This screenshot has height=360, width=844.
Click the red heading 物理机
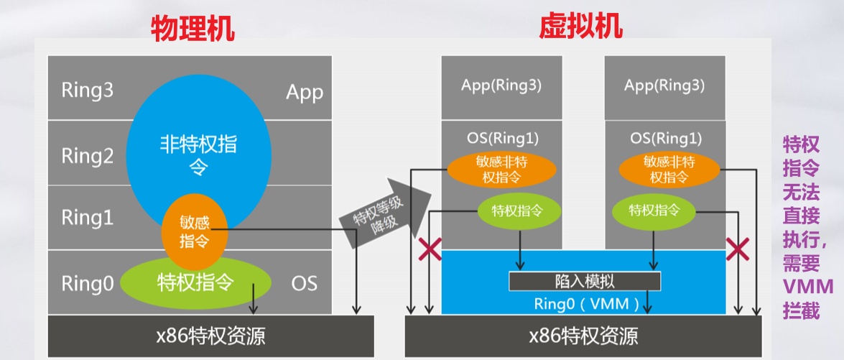point(193,28)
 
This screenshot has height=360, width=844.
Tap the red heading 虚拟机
point(580,27)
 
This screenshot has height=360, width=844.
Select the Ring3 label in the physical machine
point(88,91)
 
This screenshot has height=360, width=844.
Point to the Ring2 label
point(88,156)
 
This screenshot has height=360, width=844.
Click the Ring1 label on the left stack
point(88,217)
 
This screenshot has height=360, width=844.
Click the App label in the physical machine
point(305,92)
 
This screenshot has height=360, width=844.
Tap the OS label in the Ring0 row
point(304,282)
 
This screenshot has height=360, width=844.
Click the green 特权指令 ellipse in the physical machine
point(195,281)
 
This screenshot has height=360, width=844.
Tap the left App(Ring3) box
point(501,86)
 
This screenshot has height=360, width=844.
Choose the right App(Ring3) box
point(664,86)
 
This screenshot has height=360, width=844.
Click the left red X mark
point(430,249)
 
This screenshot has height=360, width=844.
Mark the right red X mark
point(737,249)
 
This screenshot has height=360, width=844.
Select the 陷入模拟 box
point(585,281)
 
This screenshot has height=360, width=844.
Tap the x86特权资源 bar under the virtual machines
point(583,336)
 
